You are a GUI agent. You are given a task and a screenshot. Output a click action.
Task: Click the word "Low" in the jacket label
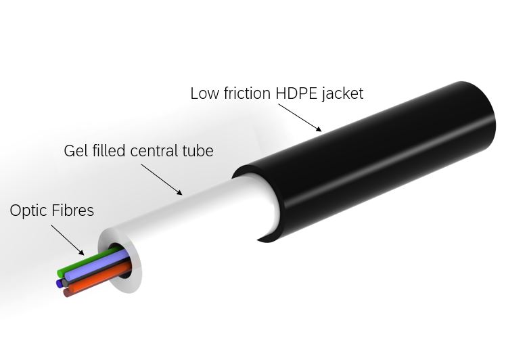204,93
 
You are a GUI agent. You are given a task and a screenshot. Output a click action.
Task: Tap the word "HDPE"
296,93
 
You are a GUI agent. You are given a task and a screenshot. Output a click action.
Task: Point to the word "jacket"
343,94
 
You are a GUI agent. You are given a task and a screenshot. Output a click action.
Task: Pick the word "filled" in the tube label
106,150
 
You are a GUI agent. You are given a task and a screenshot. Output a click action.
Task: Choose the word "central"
154,151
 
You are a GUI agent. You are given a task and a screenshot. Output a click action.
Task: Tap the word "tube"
198,151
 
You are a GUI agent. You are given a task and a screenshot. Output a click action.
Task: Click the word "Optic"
28,211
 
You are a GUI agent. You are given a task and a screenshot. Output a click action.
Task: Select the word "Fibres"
73,210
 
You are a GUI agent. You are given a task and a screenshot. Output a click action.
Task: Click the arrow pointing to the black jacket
300,118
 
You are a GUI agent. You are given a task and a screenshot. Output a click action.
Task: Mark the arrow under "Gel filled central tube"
161,179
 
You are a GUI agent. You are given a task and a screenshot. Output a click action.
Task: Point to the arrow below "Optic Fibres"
68,240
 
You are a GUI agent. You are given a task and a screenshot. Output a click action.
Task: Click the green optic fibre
88,261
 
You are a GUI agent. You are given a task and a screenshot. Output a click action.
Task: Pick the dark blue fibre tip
60,284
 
